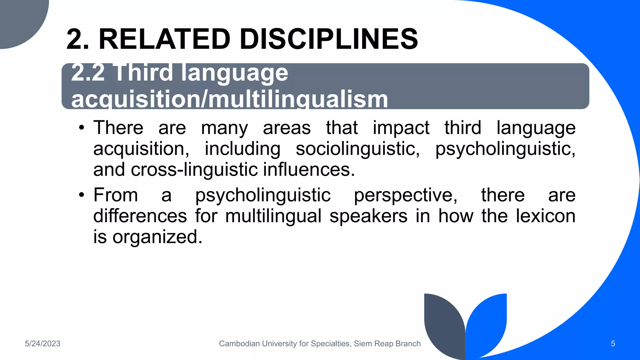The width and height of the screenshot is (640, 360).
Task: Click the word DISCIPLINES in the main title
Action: point(329,39)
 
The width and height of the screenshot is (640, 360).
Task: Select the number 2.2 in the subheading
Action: point(88,73)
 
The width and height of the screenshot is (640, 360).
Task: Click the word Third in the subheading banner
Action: point(144,73)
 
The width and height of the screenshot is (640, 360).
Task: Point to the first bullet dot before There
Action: point(82,128)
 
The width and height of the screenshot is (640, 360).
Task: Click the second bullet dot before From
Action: point(82,195)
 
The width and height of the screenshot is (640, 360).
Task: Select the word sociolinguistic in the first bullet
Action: point(357,149)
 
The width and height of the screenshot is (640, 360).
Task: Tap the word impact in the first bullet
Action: point(401,128)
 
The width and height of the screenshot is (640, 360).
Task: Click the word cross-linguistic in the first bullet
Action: point(194,170)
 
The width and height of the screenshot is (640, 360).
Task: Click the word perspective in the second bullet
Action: point(405,195)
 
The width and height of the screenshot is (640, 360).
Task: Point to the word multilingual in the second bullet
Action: point(273,216)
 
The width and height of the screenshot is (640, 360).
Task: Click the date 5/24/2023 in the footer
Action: point(42,344)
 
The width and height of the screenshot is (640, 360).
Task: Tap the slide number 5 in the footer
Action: point(613,344)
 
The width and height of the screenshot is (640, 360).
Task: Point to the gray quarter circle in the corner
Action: point(19,19)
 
